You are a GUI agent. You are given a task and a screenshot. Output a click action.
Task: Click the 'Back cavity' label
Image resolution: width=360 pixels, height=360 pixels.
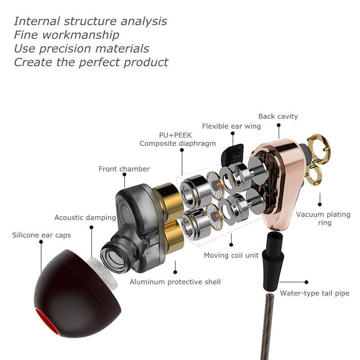point(278,117)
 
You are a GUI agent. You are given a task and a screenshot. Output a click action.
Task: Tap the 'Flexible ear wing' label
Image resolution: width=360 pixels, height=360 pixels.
point(231,126)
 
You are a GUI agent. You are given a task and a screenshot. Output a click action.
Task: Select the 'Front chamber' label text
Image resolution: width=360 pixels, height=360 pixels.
point(124,169)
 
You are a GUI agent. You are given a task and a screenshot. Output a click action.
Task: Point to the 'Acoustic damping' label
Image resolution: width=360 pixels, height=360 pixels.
point(85,218)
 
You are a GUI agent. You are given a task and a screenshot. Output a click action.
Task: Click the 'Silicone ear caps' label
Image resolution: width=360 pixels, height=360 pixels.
point(41,235)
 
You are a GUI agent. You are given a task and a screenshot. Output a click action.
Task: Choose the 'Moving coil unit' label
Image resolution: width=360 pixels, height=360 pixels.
point(231,255)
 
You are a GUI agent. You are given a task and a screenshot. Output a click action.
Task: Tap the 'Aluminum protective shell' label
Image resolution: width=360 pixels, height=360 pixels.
point(175,282)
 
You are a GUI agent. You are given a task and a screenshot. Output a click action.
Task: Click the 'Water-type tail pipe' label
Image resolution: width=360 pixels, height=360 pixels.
point(315,293)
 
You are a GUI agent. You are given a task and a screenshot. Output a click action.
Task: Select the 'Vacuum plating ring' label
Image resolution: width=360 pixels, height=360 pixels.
point(323,218)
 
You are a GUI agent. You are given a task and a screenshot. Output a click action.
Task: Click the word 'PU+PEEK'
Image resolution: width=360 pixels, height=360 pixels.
point(175,135)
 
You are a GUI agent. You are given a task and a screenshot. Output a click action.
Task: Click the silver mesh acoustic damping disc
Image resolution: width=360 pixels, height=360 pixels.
point(103,273)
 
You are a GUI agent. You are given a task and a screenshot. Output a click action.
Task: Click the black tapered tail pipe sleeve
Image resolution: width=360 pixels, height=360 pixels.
point(273,261)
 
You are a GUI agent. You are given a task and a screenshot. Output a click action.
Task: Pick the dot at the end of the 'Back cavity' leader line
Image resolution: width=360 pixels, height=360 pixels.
point(279,125)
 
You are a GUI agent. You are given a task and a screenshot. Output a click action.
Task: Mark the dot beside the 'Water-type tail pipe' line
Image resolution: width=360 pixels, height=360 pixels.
point(306,282)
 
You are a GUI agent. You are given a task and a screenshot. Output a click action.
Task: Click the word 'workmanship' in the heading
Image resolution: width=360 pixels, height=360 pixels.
point(81,35)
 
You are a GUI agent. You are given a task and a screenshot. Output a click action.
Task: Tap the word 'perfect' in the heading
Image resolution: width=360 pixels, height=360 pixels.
point(99,62)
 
